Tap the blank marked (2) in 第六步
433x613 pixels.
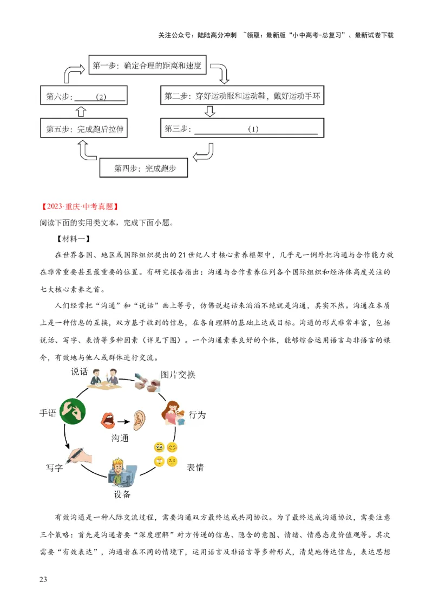(x=100, y=97)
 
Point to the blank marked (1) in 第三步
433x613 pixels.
(x=255, y=129)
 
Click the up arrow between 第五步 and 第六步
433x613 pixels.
(x=81, y=112)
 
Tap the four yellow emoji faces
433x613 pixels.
(x=166, y=454)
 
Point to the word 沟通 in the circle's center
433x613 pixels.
(x=120, y=437)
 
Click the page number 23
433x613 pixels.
(x=44, y=579)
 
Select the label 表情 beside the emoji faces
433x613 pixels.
(x=195, y=467)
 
